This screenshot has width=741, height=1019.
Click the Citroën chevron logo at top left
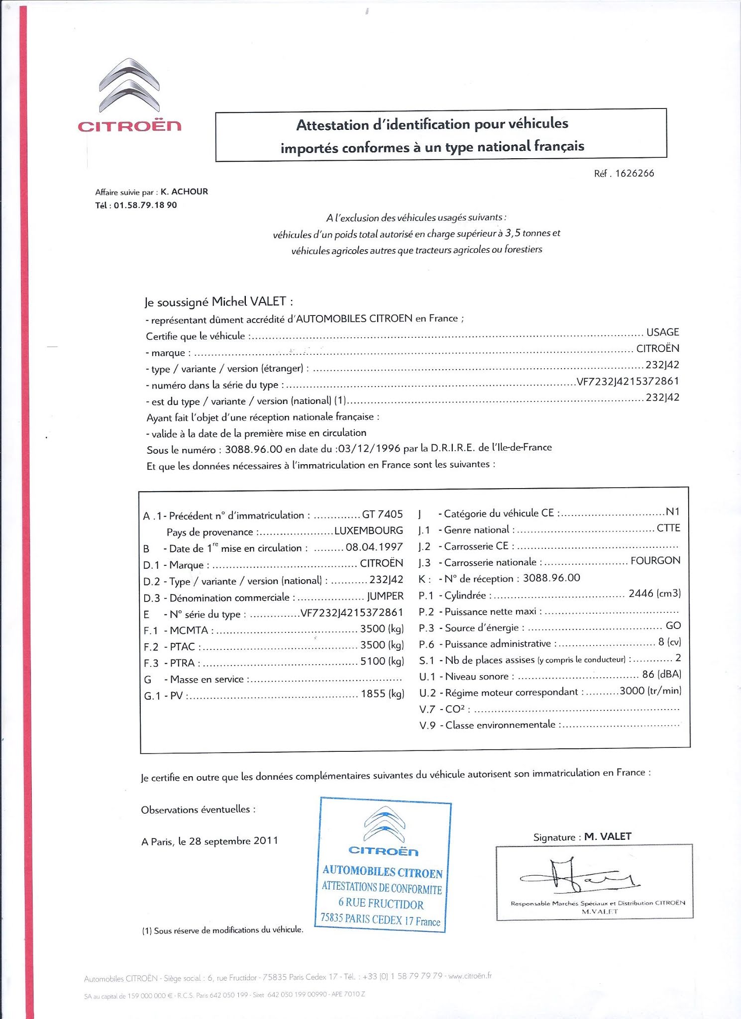(129, 86)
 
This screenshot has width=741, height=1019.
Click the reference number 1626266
(635, 174)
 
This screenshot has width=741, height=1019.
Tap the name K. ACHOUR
(184, 192)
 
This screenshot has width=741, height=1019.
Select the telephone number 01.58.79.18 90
(145, 205)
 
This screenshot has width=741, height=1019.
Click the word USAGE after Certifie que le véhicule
(662, 332)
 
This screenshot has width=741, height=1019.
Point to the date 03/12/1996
(369, 448)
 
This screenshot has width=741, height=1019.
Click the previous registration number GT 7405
(382, 514)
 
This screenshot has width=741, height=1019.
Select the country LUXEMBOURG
(368, 530)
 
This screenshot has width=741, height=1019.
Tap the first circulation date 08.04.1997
(374, 547)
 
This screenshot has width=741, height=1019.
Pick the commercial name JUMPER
(385, 596)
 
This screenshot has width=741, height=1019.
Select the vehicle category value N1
(672, 512)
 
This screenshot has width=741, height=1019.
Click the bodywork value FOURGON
(655, 561)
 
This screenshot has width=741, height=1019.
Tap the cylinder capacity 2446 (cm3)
(654, 594)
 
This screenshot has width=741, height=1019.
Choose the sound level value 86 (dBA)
(661, 675)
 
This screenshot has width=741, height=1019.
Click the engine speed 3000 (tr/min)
(650, 691)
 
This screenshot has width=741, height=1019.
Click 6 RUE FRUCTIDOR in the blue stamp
(381, 903)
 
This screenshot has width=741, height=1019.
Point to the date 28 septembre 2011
(233, 841)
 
